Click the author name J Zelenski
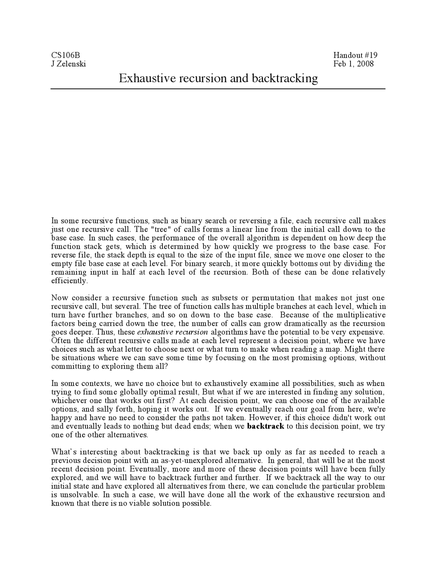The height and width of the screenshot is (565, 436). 68,64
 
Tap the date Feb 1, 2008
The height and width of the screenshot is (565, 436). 354,64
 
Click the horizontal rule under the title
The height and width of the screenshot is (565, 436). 218,89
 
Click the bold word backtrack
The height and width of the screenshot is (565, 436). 265,426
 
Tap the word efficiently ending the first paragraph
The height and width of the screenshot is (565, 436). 69,281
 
